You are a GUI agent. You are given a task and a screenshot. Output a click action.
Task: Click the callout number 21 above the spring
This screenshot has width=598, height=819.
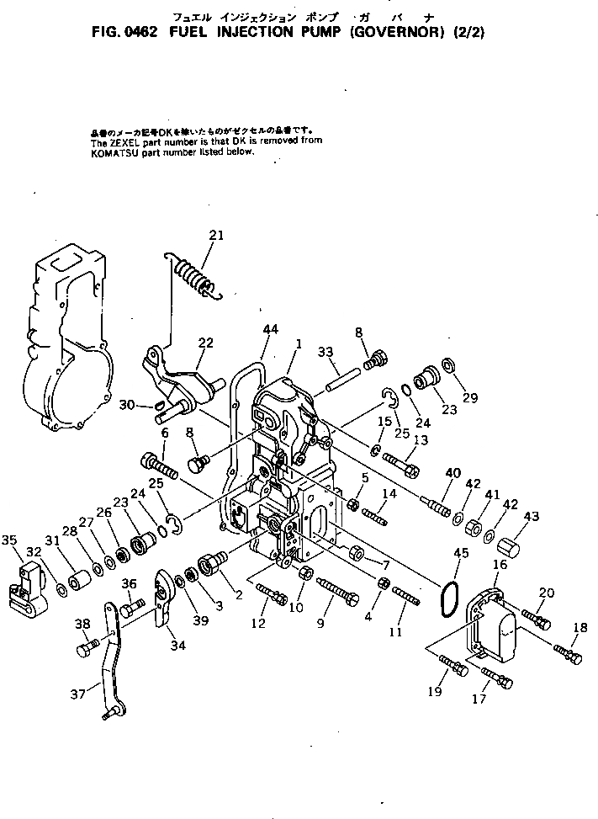[x=216, y=236]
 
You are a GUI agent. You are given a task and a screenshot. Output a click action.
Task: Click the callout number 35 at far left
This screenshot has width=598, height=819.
[x=10, y=540]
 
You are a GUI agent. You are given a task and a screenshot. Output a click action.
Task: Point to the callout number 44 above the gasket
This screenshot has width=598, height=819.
[x=270, y=327]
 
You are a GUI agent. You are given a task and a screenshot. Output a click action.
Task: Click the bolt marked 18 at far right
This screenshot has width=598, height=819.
[x=569, y=651]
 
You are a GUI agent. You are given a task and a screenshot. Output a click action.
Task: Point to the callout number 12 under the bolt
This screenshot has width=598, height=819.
[x=257, y=623]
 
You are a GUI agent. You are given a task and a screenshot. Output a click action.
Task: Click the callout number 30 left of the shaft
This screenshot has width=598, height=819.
[x=126, y=404]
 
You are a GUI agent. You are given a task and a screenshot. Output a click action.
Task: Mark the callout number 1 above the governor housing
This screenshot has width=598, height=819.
[x=297, y=343]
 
